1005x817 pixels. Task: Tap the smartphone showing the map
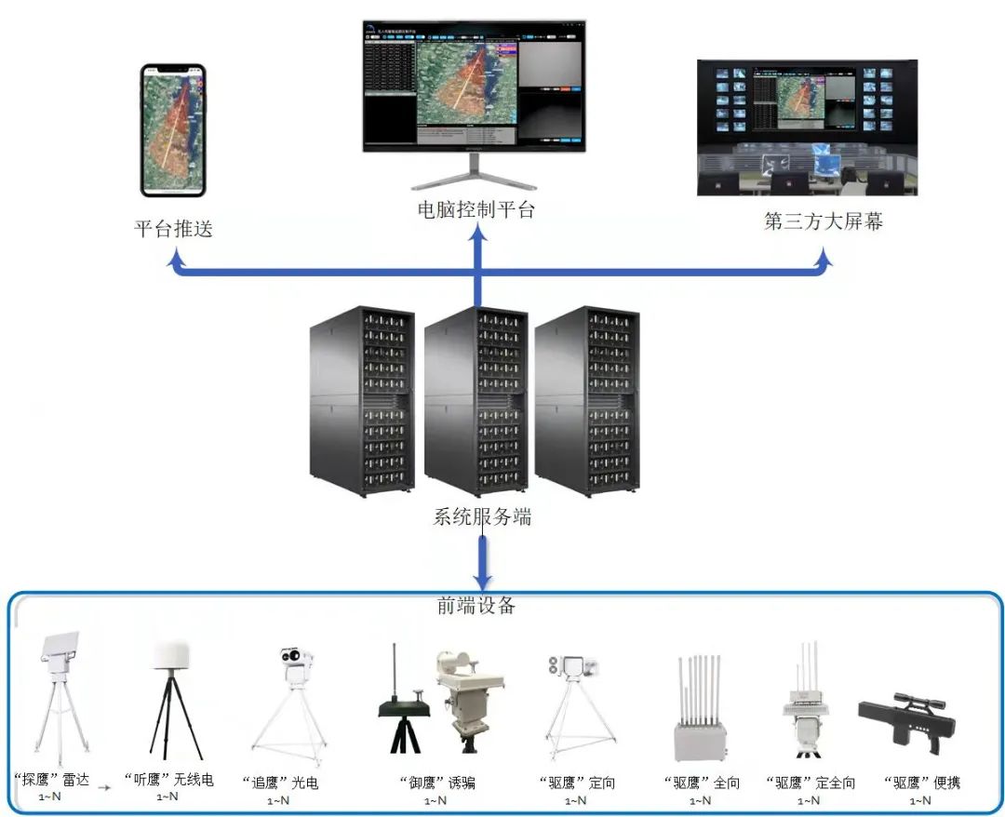pos(173,130)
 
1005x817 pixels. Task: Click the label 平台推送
pos(174,228)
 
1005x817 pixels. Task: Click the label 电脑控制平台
pos(476,209)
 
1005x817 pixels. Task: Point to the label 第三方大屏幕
pos(824,221)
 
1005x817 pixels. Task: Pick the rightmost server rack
pos(586,400)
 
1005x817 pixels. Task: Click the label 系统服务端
pos(482,516)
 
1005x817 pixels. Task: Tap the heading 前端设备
pos(476,605)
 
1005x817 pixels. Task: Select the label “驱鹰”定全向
pos(811,783)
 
